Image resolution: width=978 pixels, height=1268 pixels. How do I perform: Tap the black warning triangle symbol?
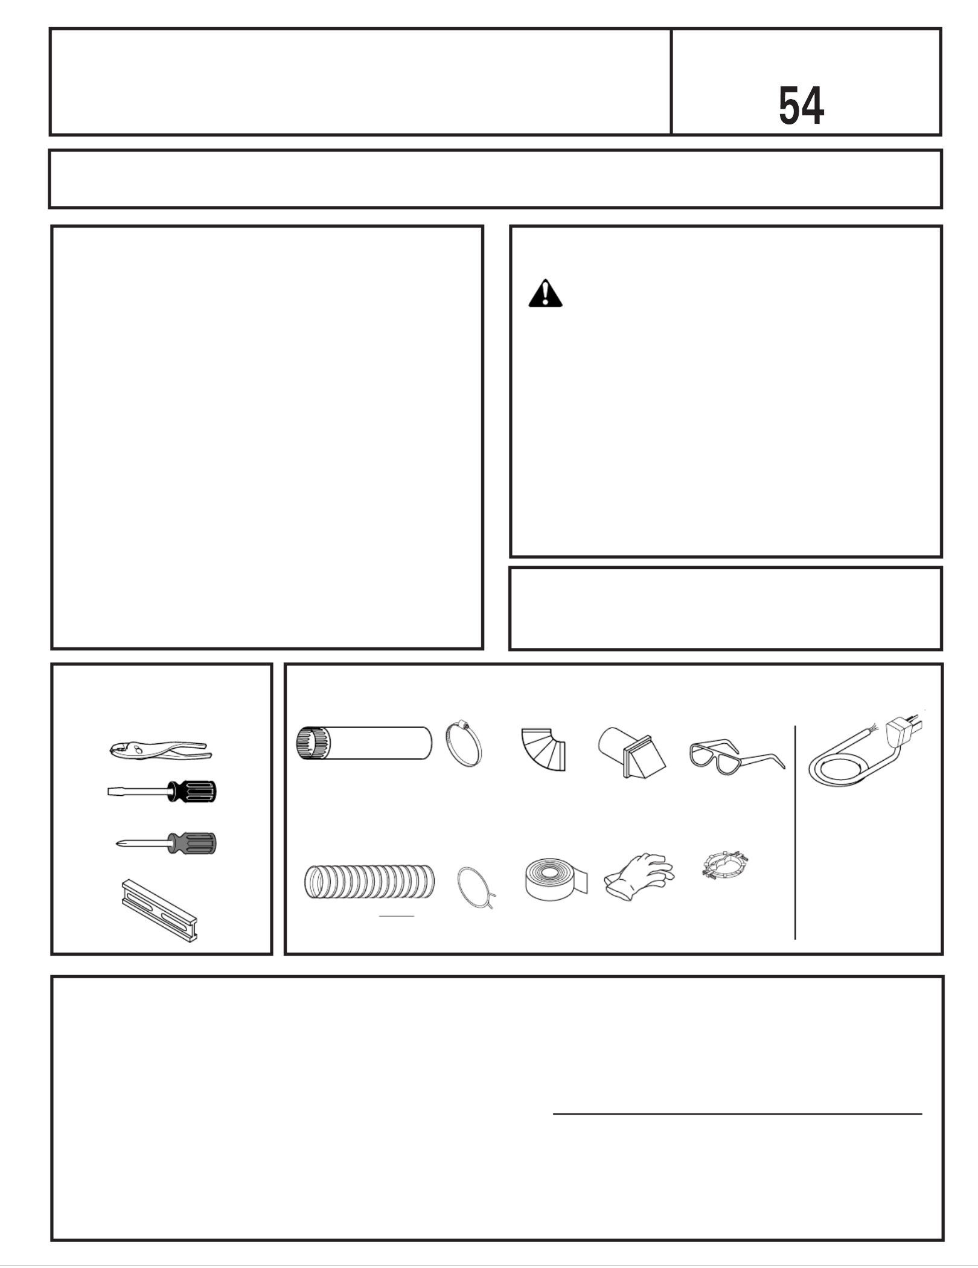(x=545, y=293)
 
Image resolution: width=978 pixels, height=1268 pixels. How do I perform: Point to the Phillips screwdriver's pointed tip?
(x=117, y=844)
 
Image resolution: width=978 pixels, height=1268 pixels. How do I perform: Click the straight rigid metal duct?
(x=364, y=743)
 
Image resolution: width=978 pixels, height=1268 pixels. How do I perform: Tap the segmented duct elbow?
(x=543, y=749)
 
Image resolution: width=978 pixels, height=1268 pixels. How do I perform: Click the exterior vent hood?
(x=632, y=752)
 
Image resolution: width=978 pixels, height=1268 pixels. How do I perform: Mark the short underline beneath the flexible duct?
(x=396, y=916)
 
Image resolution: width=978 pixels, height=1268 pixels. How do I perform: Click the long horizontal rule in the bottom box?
(x=738, y=1113)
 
